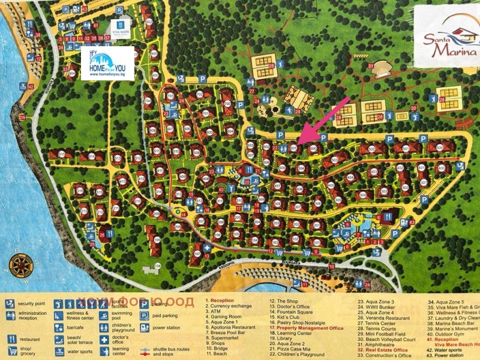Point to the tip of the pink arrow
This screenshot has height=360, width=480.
(298, 143)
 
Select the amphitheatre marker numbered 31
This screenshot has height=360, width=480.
(371, 66)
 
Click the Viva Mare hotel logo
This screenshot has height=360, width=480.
(120, 31)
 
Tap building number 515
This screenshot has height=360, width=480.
(62, 154)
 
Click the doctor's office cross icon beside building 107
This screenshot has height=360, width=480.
(207, 247)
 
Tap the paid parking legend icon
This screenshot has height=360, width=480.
(145, 316)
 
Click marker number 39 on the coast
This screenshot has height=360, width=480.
(23, 118)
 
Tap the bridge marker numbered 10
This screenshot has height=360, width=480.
(332, 265)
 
